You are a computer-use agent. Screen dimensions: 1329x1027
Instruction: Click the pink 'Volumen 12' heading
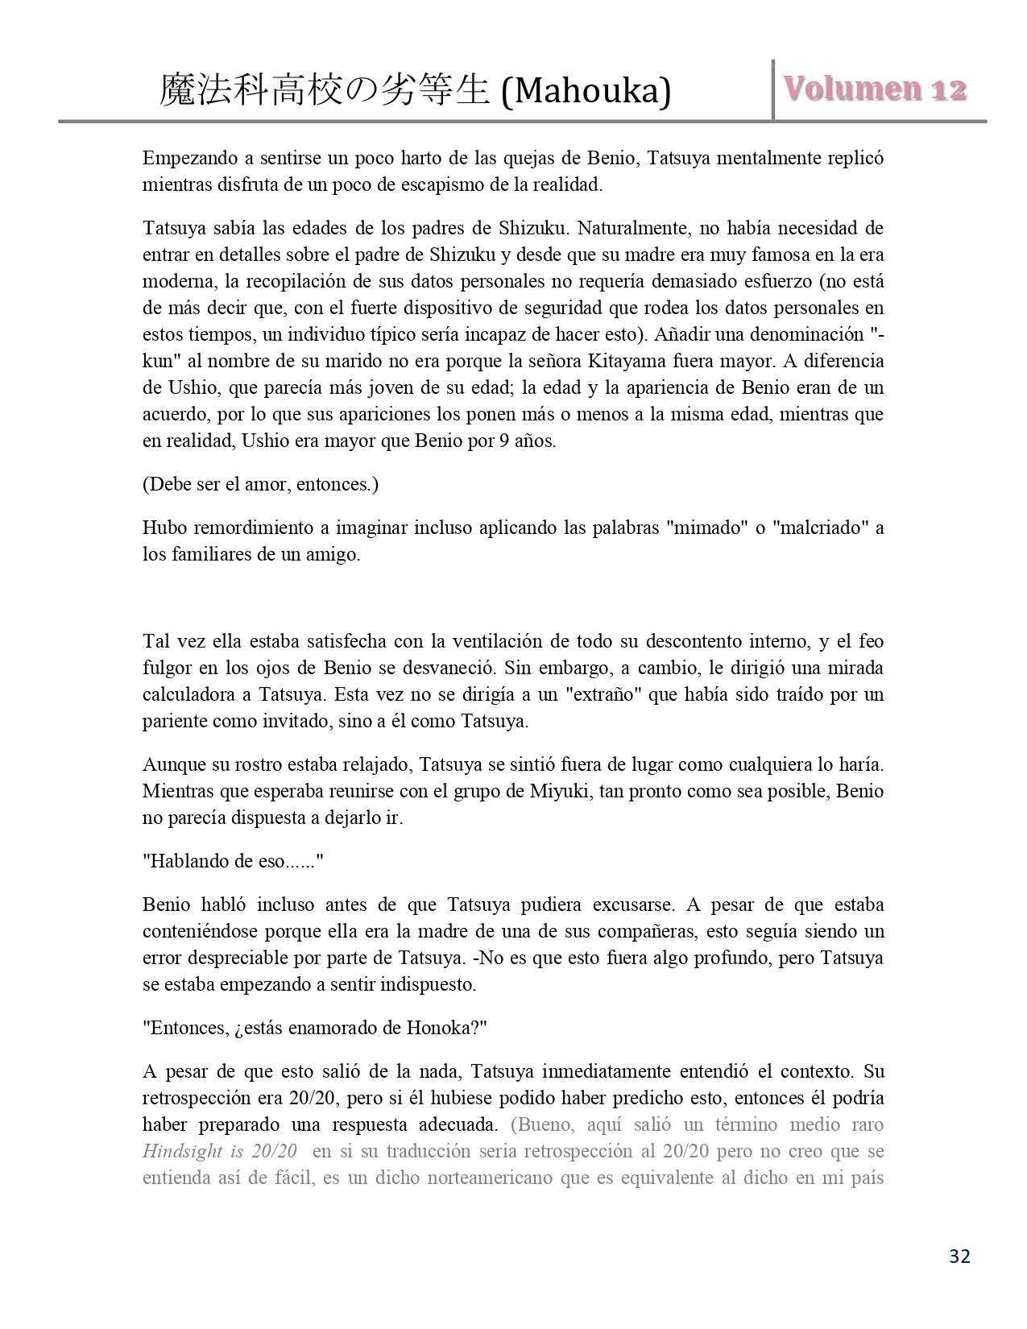tap(876, 89)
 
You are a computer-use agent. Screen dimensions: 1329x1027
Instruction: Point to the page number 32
tap(959, 1257)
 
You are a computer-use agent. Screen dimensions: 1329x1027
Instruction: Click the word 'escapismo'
tap(424, 184)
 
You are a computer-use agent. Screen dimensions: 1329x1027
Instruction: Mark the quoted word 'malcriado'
tap(820, 528)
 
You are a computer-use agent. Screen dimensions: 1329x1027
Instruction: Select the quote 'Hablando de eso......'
tap(233, 861)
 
